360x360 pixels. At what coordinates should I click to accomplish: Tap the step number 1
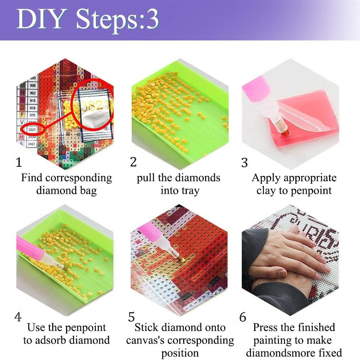click(19, 162)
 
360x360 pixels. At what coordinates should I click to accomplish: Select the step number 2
click(133, 162)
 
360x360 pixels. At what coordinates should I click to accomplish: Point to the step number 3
click(244, 162)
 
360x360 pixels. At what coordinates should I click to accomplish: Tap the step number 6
click(243, 317)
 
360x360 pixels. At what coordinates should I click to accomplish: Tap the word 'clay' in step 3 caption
click(266, 191)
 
